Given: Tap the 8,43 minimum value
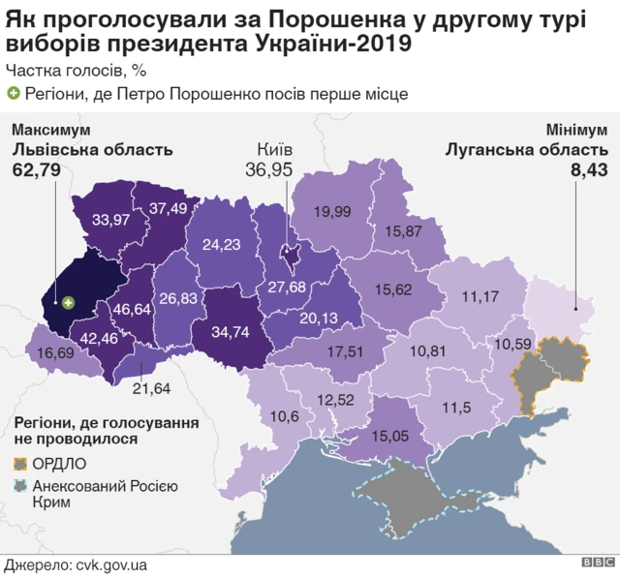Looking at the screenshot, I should (590, 170).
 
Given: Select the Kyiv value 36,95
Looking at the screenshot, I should (273, 170).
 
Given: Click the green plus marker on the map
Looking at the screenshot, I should (69, 303).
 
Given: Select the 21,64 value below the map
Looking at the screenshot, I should (151, 388).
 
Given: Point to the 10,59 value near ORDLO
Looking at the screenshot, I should (513, 343).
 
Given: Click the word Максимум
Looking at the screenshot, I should (50, 130).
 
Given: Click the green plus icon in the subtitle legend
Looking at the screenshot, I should (13, 93).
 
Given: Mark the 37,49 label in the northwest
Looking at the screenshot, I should (168, 207).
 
